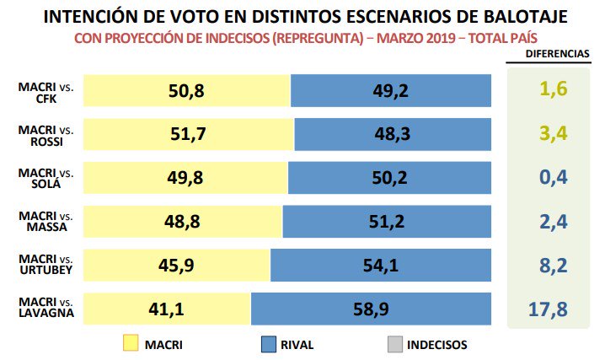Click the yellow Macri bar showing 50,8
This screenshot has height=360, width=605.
coord(187,90)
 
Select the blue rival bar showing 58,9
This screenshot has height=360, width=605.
coord(371,309)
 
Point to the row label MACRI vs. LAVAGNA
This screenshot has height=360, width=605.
coord(46,309)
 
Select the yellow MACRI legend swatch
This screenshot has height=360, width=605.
coord(131,344)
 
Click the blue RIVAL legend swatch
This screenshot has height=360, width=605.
coord(268,344)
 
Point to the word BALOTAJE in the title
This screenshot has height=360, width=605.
coord(520,16)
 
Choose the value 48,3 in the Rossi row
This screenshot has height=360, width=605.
coord(393,134)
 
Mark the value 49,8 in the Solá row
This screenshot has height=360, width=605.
coord(186,178)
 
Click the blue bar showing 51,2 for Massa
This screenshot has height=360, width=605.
coord(387,222)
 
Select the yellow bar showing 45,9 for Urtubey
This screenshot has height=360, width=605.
coord(176,266)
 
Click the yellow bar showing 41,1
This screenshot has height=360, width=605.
coord(167,309)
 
